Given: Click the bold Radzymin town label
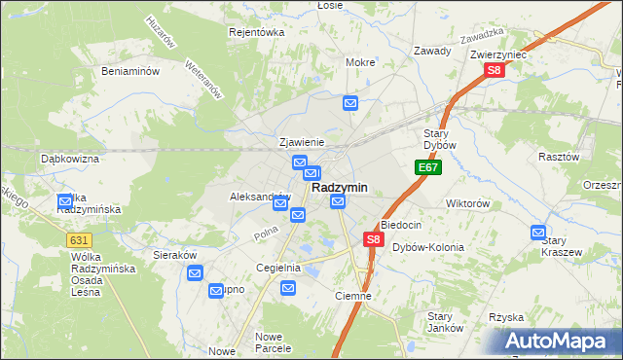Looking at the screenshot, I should coord(339,188).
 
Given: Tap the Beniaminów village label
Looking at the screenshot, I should coord(130,71).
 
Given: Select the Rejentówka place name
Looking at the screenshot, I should coord(255,32).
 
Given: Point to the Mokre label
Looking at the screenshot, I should coord(360,62).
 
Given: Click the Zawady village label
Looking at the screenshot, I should coord(431,51).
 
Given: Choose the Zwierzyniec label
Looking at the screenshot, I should coord(497,55).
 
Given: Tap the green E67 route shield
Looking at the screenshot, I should coord(428,168).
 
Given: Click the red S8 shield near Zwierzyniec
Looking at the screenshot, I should coord(495,71).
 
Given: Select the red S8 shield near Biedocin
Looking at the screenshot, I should coord(373,238).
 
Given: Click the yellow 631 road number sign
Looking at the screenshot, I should coord(80,239).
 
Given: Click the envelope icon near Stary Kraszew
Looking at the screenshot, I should coord(538,233).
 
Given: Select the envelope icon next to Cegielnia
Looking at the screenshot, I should coord(288,287).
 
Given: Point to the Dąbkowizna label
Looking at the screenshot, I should coord(70,158).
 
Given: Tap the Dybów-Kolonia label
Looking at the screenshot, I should coord(428,247).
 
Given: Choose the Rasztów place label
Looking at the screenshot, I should coord(559,156).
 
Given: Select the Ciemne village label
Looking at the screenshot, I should coord(353,296).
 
